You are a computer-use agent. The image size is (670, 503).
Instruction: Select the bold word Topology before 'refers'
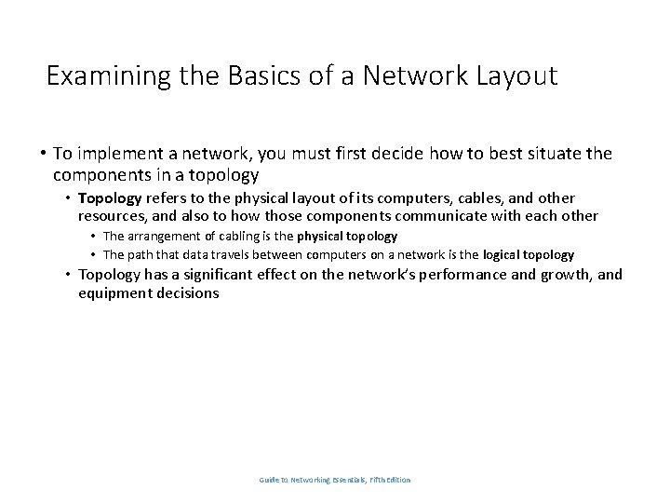(x=110, y=198)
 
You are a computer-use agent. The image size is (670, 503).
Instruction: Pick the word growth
(x=564, y=275)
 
